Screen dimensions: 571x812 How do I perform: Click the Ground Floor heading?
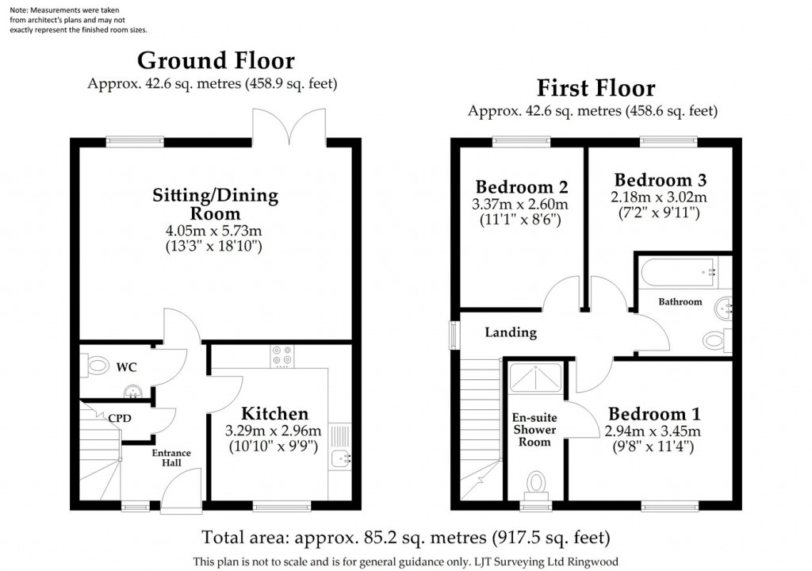(216, 61)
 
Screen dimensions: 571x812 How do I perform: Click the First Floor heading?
(596, 87)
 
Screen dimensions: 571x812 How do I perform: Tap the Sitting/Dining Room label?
(216, 204)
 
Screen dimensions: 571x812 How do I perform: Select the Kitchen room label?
(274, 413)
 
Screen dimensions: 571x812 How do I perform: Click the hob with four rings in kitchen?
(281, 355)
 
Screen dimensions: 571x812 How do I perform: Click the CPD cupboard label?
(120, 418)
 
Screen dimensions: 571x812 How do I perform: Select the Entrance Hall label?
(167, 458)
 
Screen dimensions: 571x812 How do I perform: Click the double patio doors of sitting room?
(289, 127)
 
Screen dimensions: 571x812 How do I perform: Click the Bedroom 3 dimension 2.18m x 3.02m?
(660, 197)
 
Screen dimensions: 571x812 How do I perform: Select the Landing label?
(511, 332)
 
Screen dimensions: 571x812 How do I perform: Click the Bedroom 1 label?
(654, 414)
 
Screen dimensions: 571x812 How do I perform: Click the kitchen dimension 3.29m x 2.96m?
(274, 431)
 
